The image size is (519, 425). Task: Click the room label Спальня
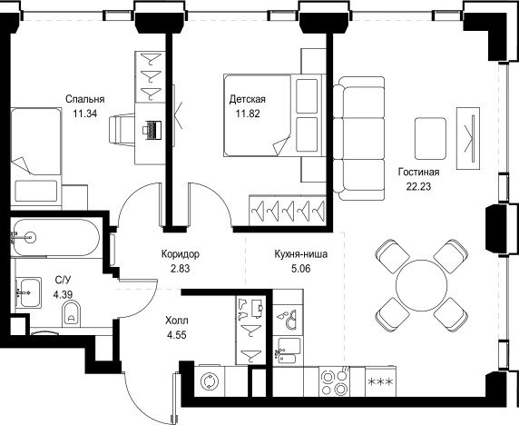click(85, 99)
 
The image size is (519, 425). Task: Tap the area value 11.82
click(248, 114)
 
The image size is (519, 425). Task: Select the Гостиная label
click(418, 173)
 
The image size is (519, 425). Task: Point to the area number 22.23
click(418, 187)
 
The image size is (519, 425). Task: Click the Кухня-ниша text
click(301, 254)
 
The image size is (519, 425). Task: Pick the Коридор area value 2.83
click(180, 268)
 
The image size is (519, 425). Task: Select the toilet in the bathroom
click(71, 313)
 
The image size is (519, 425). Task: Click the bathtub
click(55, 237)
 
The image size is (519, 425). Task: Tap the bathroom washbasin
click(29, 292)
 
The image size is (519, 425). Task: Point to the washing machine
click(210, 381)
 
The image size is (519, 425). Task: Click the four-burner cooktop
click(335, 381)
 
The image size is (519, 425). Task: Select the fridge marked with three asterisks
click(381, 381)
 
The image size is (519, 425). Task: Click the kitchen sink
click(288, 351)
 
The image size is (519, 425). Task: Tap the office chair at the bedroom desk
click(122, 130)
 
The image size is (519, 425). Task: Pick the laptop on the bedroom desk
click(152, 130)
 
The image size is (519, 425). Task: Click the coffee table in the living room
click(430, 138)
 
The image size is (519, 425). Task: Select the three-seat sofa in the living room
click(358, 138)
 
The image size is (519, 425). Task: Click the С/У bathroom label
click(63, 280)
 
